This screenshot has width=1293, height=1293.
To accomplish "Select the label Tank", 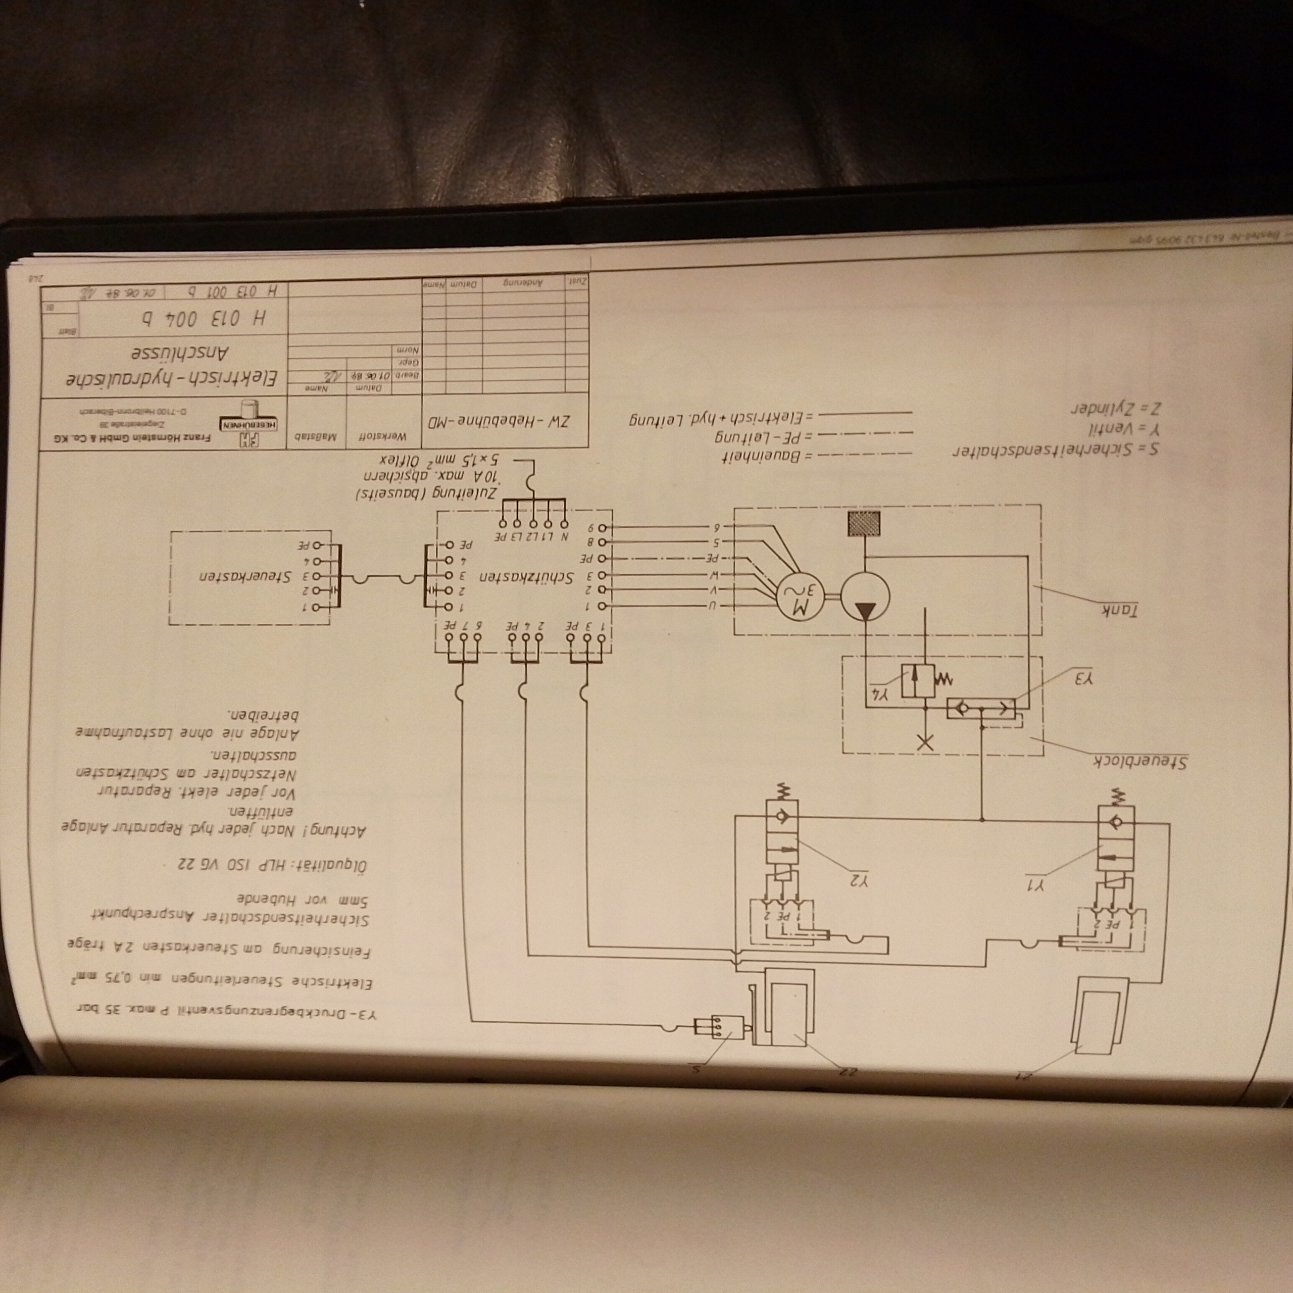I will coord(1120,610).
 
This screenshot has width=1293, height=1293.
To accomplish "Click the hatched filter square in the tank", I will coord(865,523).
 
